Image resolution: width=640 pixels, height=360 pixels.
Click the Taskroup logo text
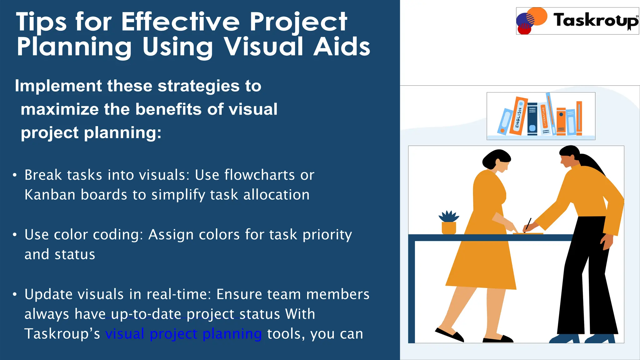point(595,20)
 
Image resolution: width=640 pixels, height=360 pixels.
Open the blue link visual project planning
point(183,334)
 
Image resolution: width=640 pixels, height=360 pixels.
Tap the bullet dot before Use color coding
point(15,235)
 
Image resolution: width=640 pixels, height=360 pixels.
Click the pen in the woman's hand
point(528,224)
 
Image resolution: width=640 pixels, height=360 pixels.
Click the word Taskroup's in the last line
point(62,334)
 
